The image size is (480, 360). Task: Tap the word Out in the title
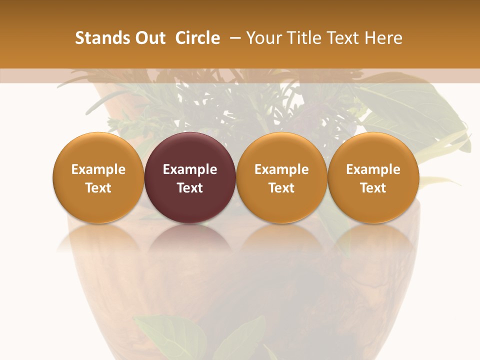click(x=149, y=38)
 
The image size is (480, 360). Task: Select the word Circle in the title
click(x=197, y=38)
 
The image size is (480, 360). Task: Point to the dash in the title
click(x=233, y=38)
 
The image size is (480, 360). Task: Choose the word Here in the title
click(x=383, y=38)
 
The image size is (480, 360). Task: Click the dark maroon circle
click(x=190, y=177)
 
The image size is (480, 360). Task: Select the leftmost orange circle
click(x=98, y=177)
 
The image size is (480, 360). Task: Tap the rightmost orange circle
click(x=373, y=177)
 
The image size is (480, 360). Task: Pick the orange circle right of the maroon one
click(x=281, y=177)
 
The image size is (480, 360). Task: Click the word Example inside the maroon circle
click(x=190, y=169)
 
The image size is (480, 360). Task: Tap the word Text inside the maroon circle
click(x=190, y=188)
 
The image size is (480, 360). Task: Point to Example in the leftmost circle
click(x=98, y=169)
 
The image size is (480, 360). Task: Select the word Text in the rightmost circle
click(x=373, y=188)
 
